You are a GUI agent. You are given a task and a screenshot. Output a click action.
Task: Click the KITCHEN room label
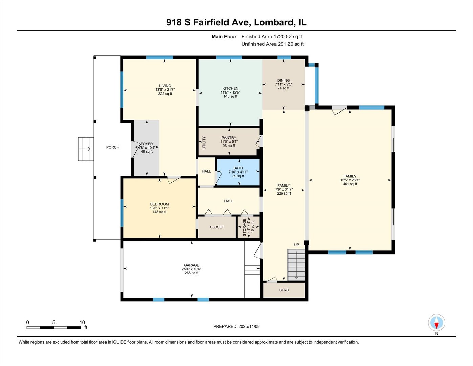click(x=230, y=88)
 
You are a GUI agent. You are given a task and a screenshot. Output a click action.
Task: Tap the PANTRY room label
click(x=229, y=138)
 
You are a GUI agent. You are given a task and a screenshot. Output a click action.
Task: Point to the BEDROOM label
click(x=159, y=204)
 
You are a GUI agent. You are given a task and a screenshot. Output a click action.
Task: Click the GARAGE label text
click(x=191, y=265)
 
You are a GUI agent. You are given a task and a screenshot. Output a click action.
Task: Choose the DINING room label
click(x=283, y=81)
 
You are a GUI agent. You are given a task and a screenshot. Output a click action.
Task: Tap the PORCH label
click(x=113, y=147)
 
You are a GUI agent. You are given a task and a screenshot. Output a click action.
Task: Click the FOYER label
click(x=147, y=144)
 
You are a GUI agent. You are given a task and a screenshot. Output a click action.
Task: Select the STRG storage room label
click(x=284, y=290)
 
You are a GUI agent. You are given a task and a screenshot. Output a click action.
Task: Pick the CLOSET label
click(x=217, y=227)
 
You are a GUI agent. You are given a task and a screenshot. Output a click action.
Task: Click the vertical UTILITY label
click(x=204, y=143)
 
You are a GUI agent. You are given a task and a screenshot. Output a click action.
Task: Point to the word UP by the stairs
click(x=297, y=245)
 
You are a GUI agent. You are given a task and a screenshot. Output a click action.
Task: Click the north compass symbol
click(x=436, y=323)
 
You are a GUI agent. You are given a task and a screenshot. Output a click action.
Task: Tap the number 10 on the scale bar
click(x=82, y=322)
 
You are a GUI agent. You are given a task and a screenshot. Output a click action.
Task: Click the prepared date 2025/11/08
click(x=249, y=326)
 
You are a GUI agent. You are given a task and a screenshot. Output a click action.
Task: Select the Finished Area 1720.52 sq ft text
click(x=272, y=36)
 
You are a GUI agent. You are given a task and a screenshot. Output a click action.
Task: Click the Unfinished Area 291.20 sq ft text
click(x=273, y=44)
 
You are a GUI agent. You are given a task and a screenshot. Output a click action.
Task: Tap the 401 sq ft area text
click(x=350, y=184)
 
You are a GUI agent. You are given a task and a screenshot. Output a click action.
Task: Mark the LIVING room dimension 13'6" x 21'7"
click(x=165, y=90)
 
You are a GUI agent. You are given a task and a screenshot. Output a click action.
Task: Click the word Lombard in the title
click(x=274, y=22)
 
